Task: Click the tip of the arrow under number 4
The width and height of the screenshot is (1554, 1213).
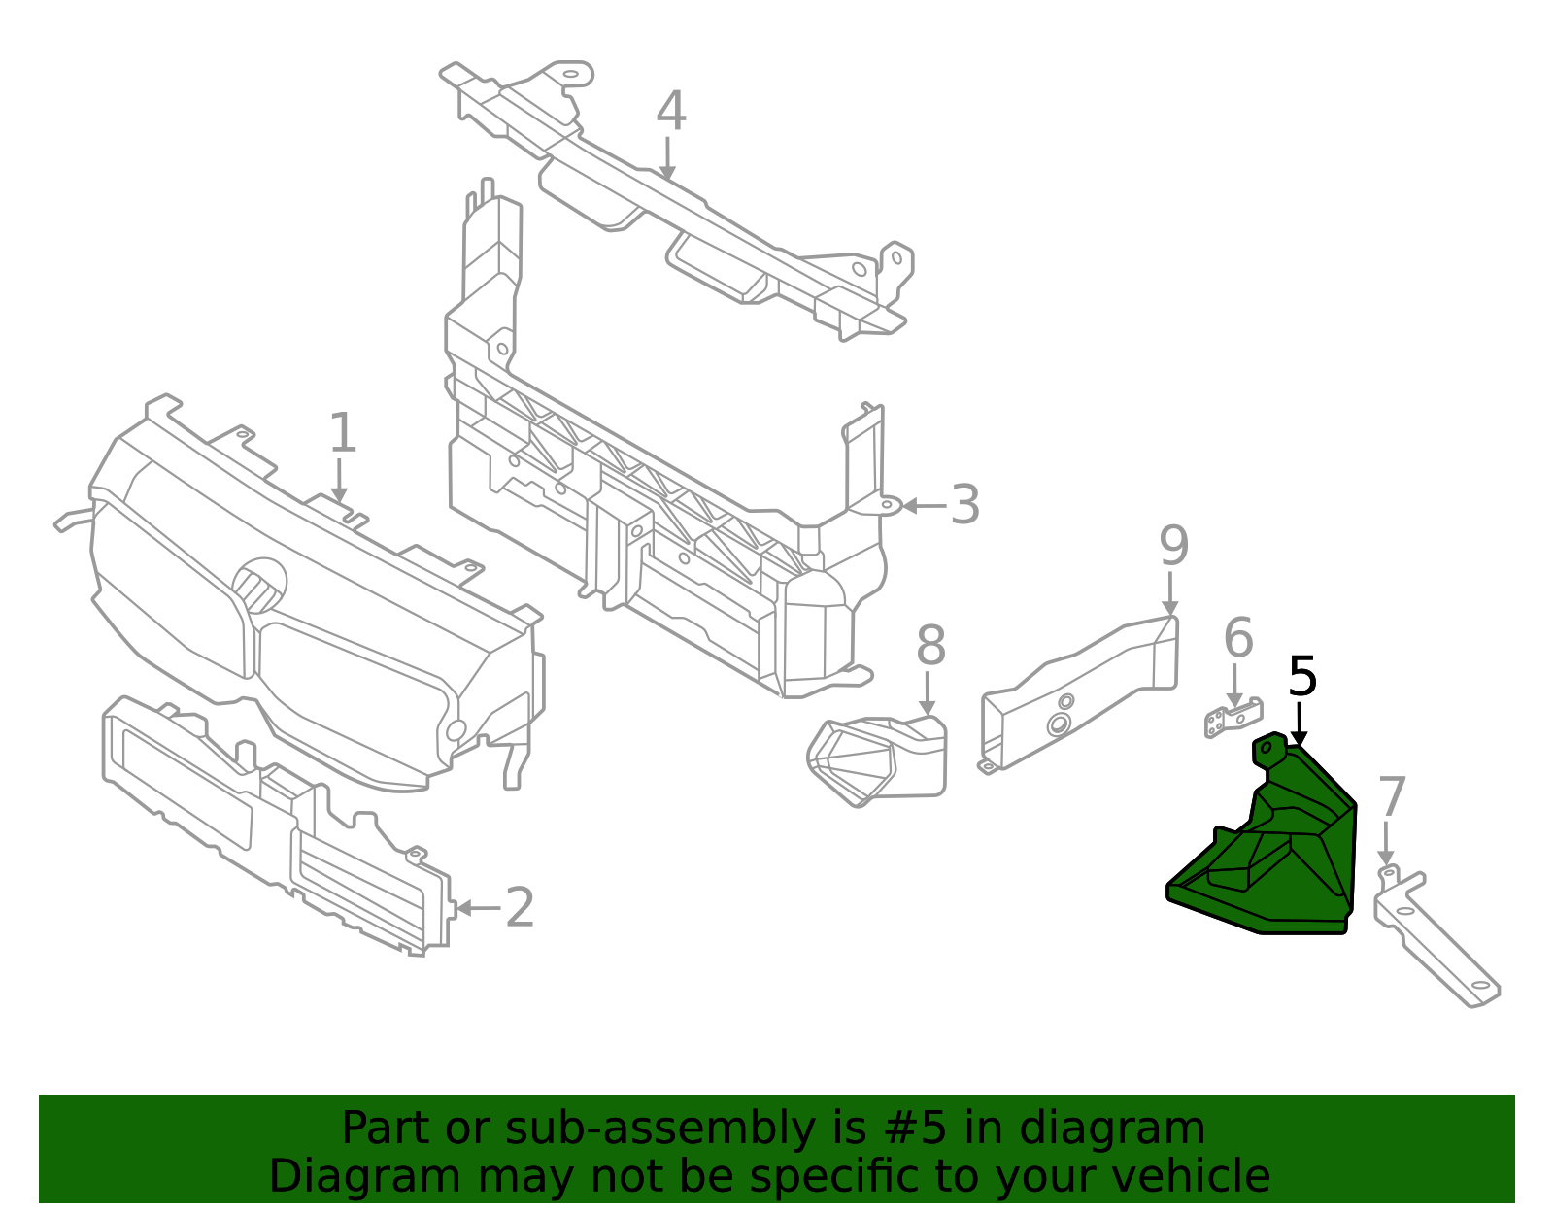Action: (667, 180)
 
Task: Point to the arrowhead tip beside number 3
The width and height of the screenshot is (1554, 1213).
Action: (902, 506)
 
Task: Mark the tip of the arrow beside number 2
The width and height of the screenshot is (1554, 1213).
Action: (456, 908)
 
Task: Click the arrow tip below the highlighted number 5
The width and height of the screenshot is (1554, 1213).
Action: (1299, 747)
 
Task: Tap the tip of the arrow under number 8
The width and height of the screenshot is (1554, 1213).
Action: (927, 715)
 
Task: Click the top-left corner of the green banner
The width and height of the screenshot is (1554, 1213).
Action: (39, 1095)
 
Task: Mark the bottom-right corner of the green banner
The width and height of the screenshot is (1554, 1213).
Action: (1515, 1203)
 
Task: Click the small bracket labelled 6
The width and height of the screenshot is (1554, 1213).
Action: (1233, 719)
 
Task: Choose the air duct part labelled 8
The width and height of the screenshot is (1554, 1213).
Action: (877, 760)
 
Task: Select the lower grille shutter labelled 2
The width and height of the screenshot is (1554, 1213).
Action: (279, 825)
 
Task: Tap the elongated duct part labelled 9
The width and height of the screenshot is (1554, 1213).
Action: (1078, 694)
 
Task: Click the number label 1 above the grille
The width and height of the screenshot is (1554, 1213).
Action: (343, 433)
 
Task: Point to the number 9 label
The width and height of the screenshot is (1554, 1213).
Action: (1173, 546)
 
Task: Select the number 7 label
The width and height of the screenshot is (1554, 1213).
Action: (1392, 797)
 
